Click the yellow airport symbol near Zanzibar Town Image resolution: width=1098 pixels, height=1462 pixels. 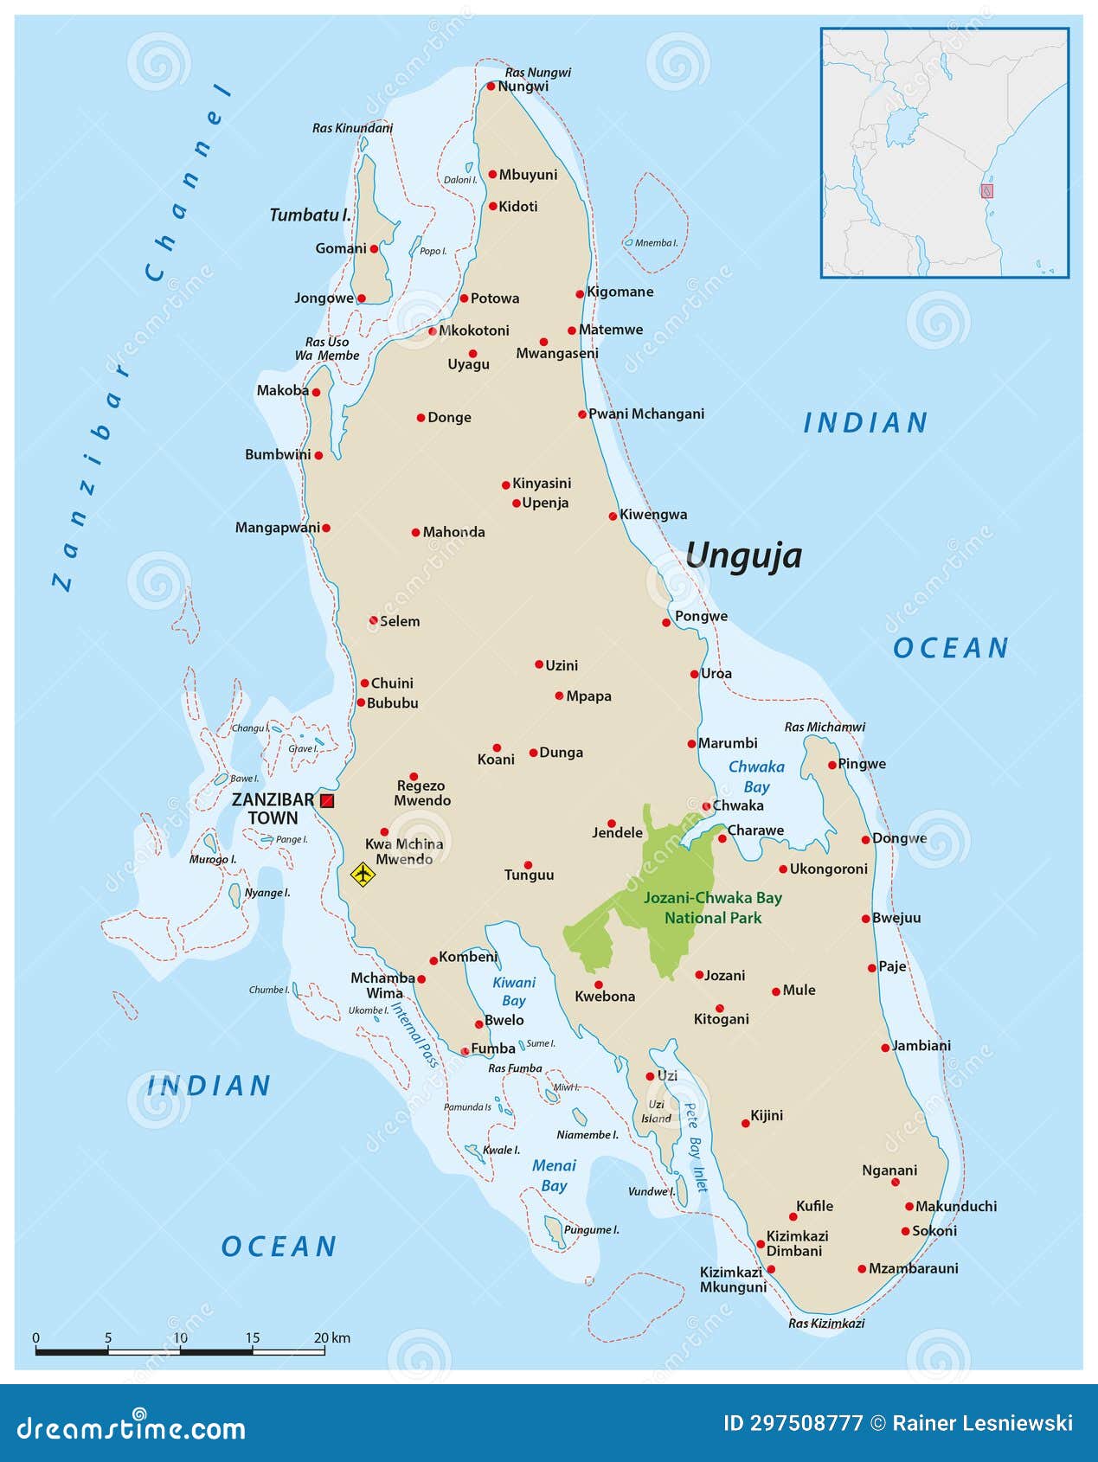coord(363,874)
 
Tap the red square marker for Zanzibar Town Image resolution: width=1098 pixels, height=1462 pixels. coord(327,801)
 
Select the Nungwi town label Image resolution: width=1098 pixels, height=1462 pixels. coord(523,87)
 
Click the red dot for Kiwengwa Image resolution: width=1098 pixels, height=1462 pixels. coord(613,516)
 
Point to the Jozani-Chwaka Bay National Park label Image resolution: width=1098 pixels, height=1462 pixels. coord(712,907)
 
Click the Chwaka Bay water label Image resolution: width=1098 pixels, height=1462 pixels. coord(756,777)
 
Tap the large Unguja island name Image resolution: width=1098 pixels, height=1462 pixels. coord(743,555)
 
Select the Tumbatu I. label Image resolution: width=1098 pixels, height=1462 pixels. coord(310,215)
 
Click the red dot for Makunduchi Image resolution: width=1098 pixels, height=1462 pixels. coord(909,1206)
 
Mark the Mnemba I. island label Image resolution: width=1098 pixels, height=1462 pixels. coord(656,243)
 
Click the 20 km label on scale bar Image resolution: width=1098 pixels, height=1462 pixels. coord(331,1337)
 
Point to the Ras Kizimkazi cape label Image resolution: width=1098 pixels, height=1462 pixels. coord(825,1323)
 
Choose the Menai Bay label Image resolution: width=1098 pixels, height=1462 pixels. coord(554,1176)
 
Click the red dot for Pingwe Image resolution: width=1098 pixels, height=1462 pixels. coord(832,765)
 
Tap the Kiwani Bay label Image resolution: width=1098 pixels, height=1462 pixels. coord(514,991)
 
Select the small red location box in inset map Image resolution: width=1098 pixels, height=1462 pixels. coord(986,191)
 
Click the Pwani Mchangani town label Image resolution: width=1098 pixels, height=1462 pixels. coord(645,414)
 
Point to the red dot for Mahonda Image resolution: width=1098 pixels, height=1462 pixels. coord(416,533)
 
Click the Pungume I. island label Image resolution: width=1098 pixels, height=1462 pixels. coord(591,1230)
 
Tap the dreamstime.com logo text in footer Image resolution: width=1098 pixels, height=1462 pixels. coord(132,1428)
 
